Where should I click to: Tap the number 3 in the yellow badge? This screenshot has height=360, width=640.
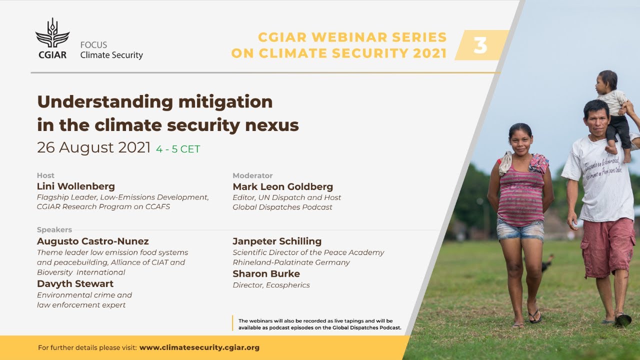(x=480, y=45)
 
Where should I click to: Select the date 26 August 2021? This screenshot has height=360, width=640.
(x=94, y=148)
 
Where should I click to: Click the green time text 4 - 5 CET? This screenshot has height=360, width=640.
(x=178, y=149)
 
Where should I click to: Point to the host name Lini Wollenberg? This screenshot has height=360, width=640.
(x=76, y=186)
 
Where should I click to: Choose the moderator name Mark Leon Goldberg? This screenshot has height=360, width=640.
(x=282, y=187)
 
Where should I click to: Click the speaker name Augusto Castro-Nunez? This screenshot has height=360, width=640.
(x=93, y=241)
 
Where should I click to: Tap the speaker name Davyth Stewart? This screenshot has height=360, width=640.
(x=75, y=284)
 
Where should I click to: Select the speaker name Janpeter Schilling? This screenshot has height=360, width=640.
(x=277, y=241)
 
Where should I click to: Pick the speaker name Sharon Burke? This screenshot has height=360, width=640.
(x=266, y=274)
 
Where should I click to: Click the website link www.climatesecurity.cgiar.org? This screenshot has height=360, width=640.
(x=199, y=347)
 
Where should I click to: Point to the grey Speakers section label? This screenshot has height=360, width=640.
(x=54, y=230)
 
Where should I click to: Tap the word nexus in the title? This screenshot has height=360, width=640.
(x=276, y=125)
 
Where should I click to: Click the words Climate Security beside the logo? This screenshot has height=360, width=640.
(x=111, y=55)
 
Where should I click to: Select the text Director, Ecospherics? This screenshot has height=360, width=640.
(x=271, y=285)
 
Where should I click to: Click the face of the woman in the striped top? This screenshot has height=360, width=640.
(x=520, y=141)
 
